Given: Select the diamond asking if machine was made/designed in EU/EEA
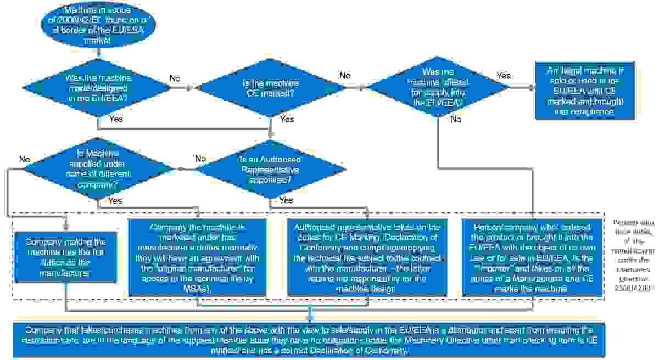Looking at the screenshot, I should point(98,86).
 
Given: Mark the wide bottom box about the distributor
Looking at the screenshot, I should point(310,340).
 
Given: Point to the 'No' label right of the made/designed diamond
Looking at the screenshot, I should point(175,78).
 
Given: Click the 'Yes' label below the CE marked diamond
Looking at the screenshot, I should point(287,119).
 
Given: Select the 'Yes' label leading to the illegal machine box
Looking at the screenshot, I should point(504,75).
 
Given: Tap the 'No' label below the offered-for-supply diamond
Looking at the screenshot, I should point(456,119).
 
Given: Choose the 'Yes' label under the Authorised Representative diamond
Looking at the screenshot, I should point(286,200).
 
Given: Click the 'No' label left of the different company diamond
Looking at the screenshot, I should point(24,159).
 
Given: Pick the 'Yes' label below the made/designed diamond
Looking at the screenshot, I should point(116,119).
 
